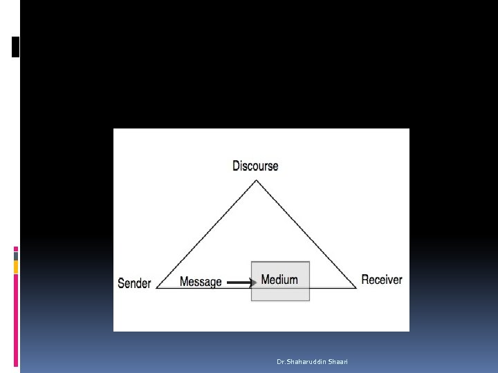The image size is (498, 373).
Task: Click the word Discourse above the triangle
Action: pos(255,166)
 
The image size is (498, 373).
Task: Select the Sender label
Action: pos(134,283)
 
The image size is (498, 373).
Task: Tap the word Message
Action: pos(201,281)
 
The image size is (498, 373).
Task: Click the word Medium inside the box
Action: pos(279,280)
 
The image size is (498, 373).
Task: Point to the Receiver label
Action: pos(381,280)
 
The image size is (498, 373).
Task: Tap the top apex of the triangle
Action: pos(257,181)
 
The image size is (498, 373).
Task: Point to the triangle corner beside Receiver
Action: pos(356,288)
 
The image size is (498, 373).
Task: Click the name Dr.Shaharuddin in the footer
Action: pos(298,361)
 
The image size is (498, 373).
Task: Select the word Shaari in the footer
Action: pos(338,361)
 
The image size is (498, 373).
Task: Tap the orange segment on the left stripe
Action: pos(16,267)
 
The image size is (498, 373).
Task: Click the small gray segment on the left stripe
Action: pos(16,256)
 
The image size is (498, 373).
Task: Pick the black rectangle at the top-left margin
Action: pos(16,46)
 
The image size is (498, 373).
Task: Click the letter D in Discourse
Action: pos(236,166)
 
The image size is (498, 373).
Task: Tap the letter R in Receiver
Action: pos(365,280)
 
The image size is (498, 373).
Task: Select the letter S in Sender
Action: pos(121,283)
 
